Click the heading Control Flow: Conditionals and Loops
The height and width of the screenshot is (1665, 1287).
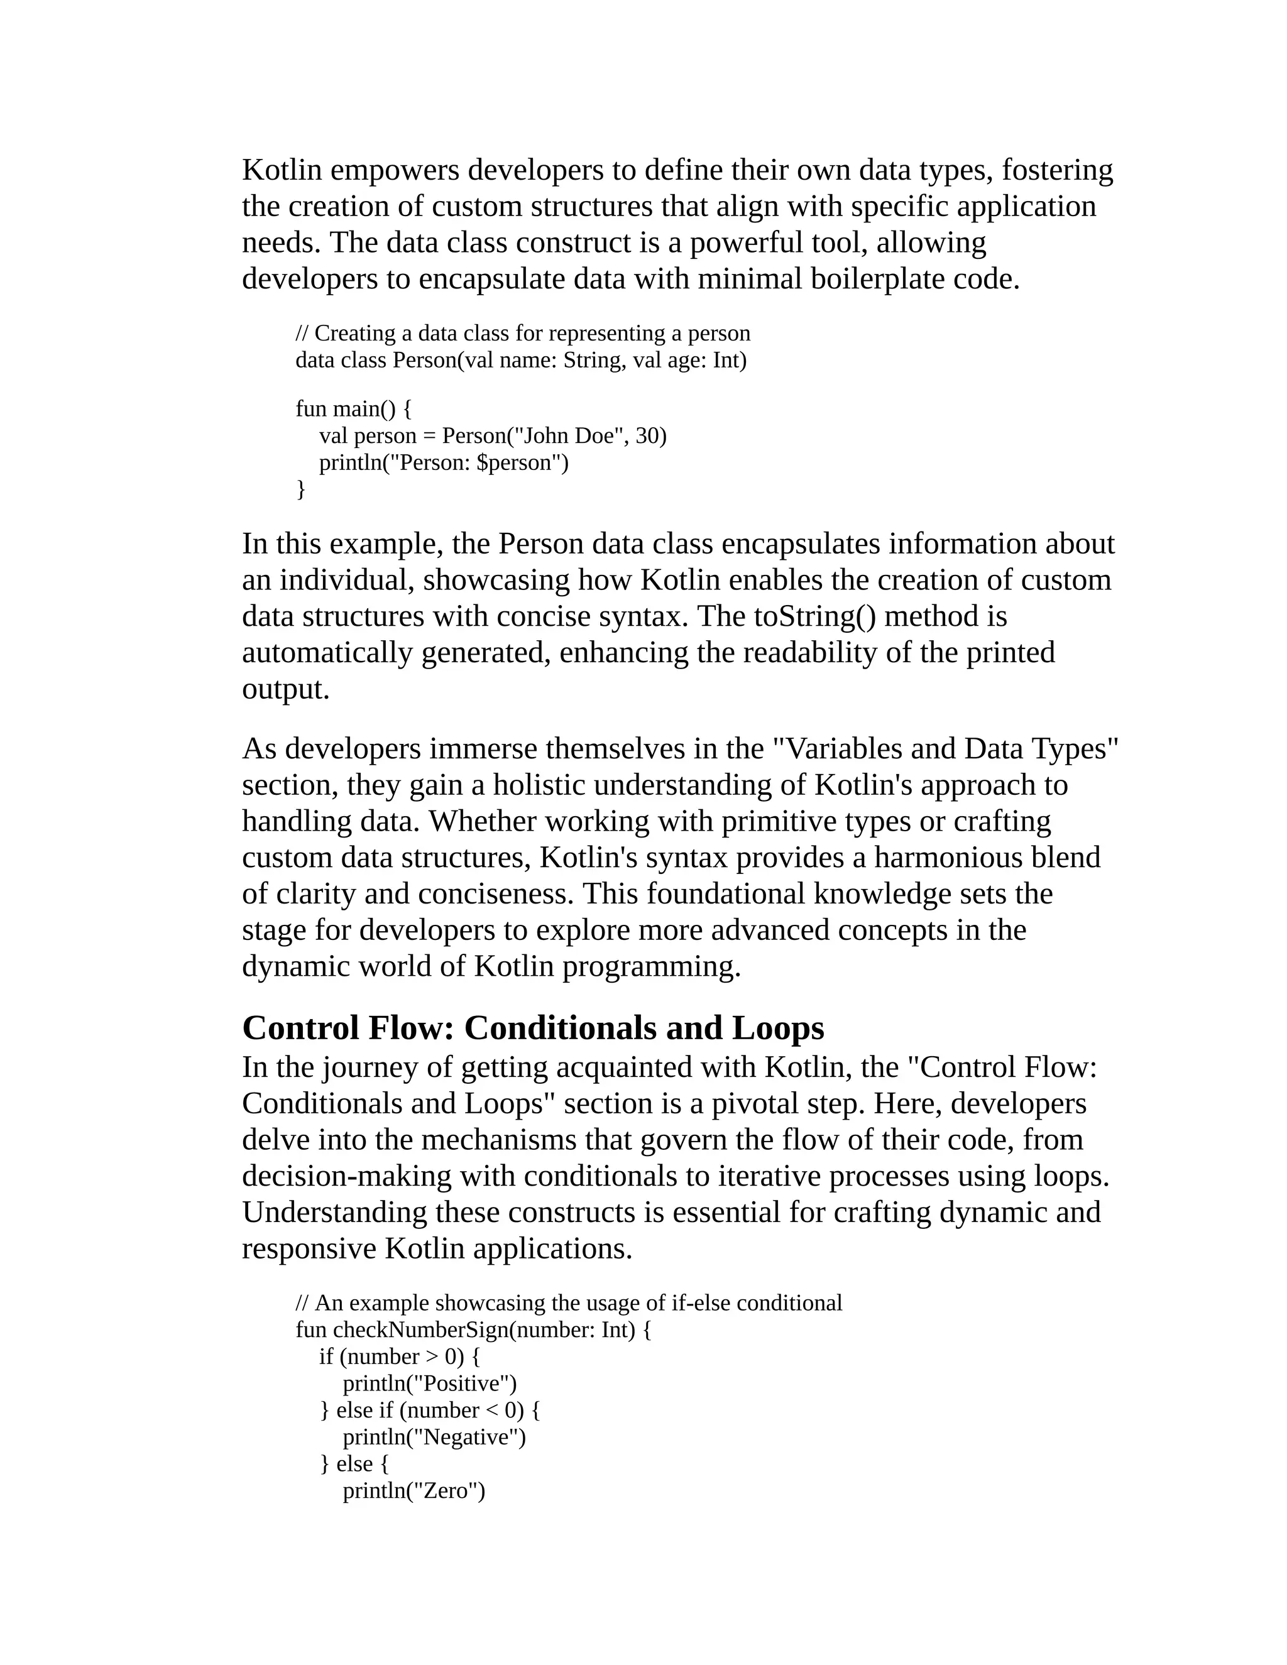[532, 1029]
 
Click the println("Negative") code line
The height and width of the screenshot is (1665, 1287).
[434, 1437]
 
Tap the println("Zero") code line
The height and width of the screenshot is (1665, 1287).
[413, 1490]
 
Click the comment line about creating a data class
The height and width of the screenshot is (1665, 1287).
[522, 333]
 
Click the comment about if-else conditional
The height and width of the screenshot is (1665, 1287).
[568, 1304]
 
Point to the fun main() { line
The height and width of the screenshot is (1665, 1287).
[353, 410]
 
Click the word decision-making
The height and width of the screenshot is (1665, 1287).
[346, 1176]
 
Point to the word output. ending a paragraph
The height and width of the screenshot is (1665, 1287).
[285, 689]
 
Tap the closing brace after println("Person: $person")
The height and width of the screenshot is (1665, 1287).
[300, 489]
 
